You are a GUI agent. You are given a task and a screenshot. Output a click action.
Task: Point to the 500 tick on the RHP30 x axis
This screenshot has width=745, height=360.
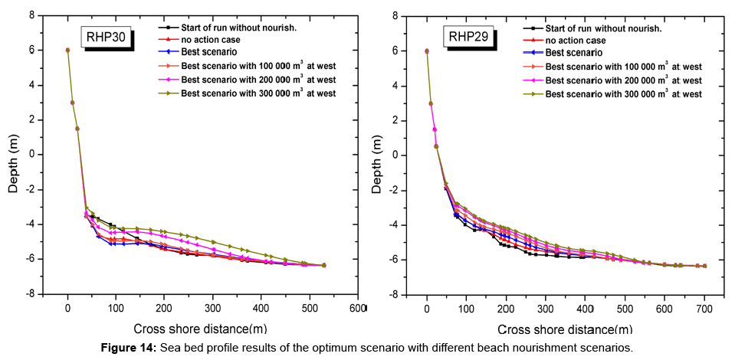(310, 309)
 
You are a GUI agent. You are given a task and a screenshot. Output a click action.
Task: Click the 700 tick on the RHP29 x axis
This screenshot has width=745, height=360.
(704, 309)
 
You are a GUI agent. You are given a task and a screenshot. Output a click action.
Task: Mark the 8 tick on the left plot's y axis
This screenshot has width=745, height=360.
(31, 15)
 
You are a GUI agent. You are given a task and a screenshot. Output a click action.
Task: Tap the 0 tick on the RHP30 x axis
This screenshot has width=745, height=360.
(67, 309)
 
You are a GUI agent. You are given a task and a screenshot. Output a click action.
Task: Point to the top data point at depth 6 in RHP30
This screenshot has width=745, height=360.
(67, 50)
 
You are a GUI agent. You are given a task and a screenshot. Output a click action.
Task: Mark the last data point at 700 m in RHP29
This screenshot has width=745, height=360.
(704, 266)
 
